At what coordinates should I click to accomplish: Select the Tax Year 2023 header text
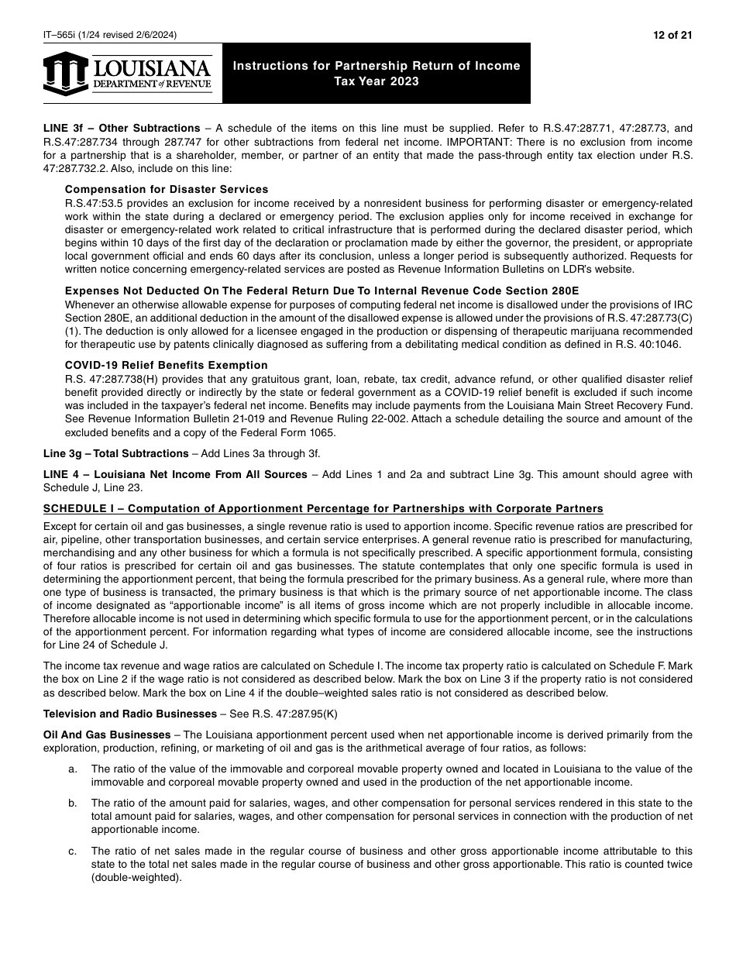(x=377, y=81)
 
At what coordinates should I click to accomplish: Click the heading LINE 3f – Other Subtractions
(x=122, y=128)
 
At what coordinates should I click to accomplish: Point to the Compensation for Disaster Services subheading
(x=167, y=189)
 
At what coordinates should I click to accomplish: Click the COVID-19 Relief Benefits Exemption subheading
(x=167, y=365)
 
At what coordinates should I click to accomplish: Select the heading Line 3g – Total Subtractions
(x=115, y=453)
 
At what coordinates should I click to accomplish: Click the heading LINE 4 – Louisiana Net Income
(x=175, y=474)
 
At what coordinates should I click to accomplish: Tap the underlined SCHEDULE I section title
(x=323, y=508)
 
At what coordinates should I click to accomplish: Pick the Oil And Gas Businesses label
(x=107, y=735)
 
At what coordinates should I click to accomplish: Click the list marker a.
(x=73, y=769)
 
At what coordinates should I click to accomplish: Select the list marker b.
(x=73, y=803)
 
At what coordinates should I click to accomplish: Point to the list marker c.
(x=73, y=851)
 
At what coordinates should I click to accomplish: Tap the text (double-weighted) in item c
(x=136, y=878)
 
